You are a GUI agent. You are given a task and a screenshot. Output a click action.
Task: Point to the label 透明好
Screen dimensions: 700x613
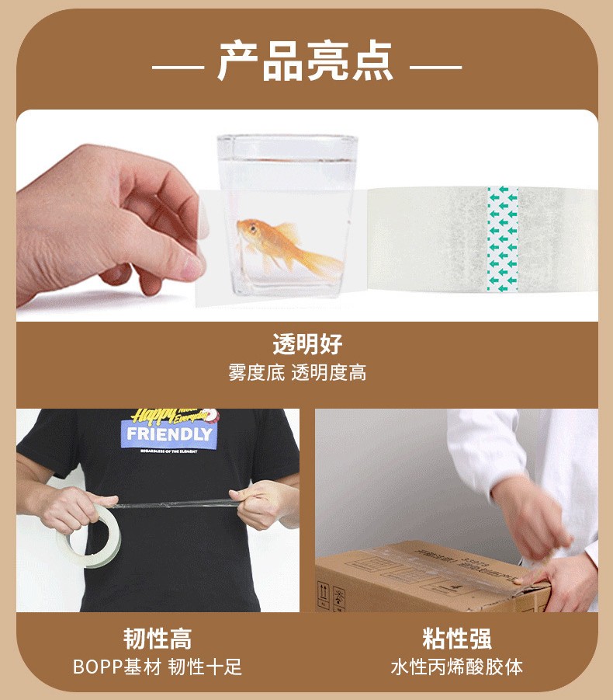tap(306, 343)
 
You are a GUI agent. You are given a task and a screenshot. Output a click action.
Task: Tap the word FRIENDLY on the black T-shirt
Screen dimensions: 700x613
tap(168, 434)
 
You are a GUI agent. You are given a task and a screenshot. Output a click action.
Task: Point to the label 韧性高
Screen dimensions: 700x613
tap(158, 639)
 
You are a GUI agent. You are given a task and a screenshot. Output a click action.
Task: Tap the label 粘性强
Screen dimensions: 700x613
tap(456, 639)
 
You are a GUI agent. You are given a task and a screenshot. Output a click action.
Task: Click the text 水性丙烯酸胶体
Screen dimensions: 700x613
tap(456, 667)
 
